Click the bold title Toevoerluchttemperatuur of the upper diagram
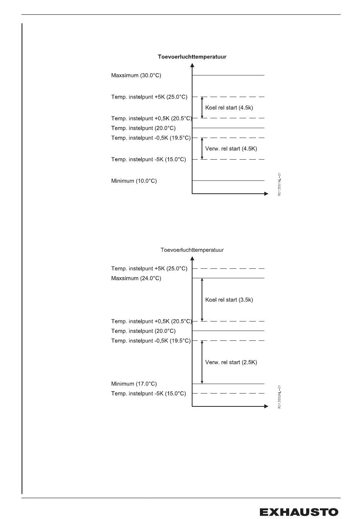(192, 57)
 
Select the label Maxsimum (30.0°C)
(136, 75)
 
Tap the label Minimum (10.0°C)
(134, 181)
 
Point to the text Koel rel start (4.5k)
(229, 108)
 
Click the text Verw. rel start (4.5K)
(231, 149)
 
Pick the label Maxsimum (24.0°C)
(136, 278)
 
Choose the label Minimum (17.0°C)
(134, 384)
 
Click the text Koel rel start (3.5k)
(229, 299)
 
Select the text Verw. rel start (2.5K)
(231, 362)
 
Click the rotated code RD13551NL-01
(279, 184)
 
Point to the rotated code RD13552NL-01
(279, 397)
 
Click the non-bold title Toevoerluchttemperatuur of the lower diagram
(192, 250)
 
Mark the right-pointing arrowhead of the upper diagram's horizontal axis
(266, 194)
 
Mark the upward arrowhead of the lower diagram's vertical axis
(192, 259)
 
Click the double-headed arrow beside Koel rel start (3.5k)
(202, 299)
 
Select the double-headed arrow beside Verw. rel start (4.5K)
(202, 149)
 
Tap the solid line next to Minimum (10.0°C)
(228, 180)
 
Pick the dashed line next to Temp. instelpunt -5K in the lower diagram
(228, 393)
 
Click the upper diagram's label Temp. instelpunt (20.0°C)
(143, 128)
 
